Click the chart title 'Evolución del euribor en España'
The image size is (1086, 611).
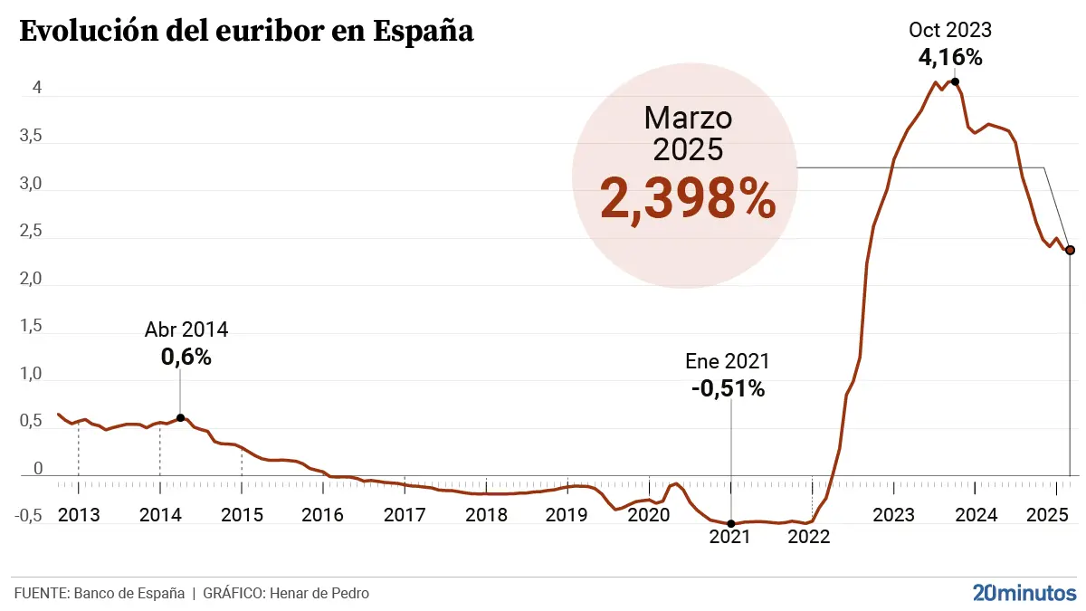pyautogui.click(x=246, y=31)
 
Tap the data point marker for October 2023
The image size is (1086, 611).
pyautogui.click(x=955, y=81)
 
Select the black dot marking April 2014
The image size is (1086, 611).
pyautogui.click(x=180, y=417)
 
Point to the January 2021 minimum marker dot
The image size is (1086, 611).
pyautogui.click(x=731, y=523)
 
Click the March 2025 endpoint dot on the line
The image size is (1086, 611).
pyautogui.click(x=1070, y=250)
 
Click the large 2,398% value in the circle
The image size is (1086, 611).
pyautogui.click(x=687, y=201)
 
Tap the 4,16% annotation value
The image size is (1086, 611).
pyautogui.click(x=950, y=57)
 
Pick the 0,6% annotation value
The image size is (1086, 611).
pyautogui.click(x=186, y=357)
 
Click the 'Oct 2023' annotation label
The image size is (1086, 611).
pyautogui.click(x=950, y=30)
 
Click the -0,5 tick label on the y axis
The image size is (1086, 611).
pyautogui.click(x=29, y=515)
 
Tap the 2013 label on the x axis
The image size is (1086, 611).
pyautogui.click(x=78, y=515)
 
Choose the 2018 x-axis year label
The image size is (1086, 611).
pyautogui.click(x=486, y=515)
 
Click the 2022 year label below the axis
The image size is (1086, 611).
pyautogui.click(x=809, y=535)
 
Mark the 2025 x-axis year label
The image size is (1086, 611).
pyautogui.click(x=1049, y=515)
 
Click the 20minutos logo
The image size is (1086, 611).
pyautogui.click(x=1024, y=593)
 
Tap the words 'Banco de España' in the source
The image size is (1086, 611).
pyautogui.click(x=129, y=594)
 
